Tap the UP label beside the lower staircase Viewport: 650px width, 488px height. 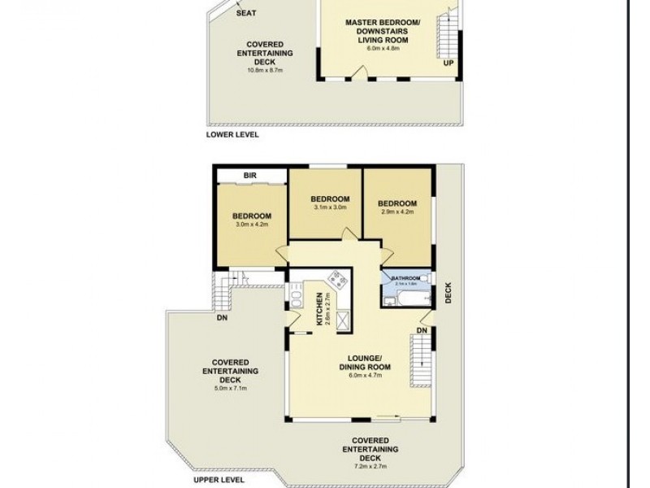click(x=448, y=63)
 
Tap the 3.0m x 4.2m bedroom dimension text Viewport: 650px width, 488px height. click(x=251, y=224)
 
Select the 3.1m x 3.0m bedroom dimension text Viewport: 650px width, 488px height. click(x=329, y=208)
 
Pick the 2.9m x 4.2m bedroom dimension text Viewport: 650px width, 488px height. click(x=397, y=211)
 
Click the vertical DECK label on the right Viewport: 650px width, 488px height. click(x=448, y=293)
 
